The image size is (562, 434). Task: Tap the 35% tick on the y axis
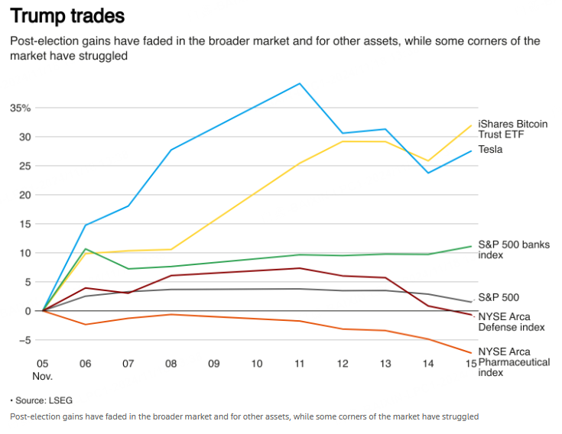(21, 108)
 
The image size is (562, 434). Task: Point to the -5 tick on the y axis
(23, 340)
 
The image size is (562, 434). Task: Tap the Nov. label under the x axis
(43, 377)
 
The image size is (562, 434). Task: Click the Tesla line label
(490, 150)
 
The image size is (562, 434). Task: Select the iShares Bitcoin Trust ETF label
(513, 129)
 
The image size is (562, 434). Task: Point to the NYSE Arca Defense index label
(512, 322)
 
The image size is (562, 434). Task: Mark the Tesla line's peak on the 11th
(300, 83)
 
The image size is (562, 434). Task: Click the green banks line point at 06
(86, 249)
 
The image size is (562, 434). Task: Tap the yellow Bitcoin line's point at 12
(343, 141)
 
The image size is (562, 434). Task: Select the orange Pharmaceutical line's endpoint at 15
(470, 352)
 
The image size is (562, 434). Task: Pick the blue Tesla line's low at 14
(428, 173)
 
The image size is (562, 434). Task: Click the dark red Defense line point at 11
(300, 268)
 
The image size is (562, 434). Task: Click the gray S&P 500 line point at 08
(171, 290)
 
